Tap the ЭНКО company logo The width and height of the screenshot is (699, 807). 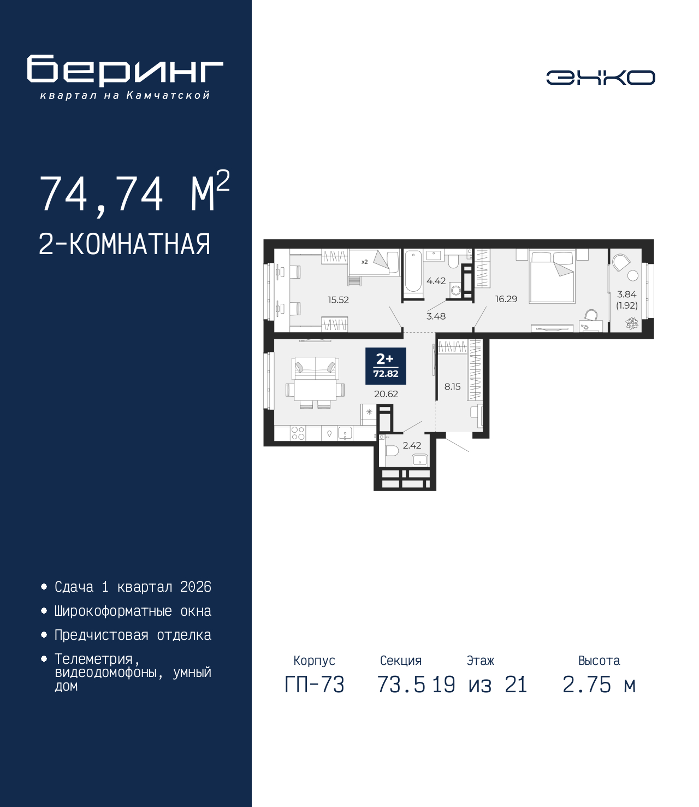point(600,78)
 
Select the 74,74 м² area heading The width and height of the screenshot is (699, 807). point(134,193)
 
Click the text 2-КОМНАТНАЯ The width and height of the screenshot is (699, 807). point(125,244)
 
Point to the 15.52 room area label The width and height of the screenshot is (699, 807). point(338,300)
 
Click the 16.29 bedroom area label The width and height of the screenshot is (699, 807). point(506,299)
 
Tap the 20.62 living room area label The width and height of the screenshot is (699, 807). point(386,394)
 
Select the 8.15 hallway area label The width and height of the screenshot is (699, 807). point(452,387)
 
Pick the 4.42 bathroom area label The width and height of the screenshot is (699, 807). point(436,281)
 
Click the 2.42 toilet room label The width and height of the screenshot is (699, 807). point(412,446)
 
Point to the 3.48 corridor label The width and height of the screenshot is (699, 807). point(436,316)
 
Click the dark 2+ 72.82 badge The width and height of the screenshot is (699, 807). point(386,366)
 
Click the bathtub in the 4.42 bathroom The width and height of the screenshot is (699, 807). point(413,271)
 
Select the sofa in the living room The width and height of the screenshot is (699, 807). point(315,369)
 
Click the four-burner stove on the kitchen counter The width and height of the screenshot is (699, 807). point(298,433)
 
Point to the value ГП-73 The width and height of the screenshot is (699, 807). point(315,685)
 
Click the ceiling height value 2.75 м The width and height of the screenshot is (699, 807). point(599,685)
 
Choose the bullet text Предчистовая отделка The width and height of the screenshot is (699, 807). point(133,635)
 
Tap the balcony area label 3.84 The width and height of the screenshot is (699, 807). point(626,294)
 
